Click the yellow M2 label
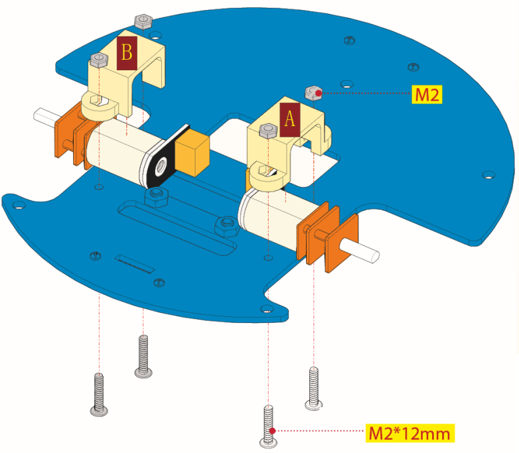pyautogui.click(x=427, y=94)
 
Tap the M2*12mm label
pyautogui.click(x=409, y=433)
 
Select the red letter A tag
pyautogui.click(x=290, y=120)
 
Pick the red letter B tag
pyautogui.click(x=127, y=53)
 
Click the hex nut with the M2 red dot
pyautogui.click(x=313, y=93)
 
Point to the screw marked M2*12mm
pyautogui.click(x=268, y=426)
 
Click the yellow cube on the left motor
pyautogui.click(x=192, y=152)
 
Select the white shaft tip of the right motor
pyautogui.click(x=361, y=251)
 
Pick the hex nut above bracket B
pyautogui.click(x=143, y=21)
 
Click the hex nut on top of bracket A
pyautogui.click(x=268, y=131)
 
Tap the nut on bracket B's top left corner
pyautogui.click(x=99, y=60)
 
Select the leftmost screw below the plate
pyautogui.click(x=99, y=394)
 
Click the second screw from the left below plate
pyautogui.click(x=143, y=356)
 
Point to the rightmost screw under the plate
pyautogui.click(x=313, y=388)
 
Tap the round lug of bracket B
pyautogui.click(x=100, y=107)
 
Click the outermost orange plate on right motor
pyautogui.click(x=342, y=243)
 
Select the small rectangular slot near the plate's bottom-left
pyautogui.click(x=135, y=264)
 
